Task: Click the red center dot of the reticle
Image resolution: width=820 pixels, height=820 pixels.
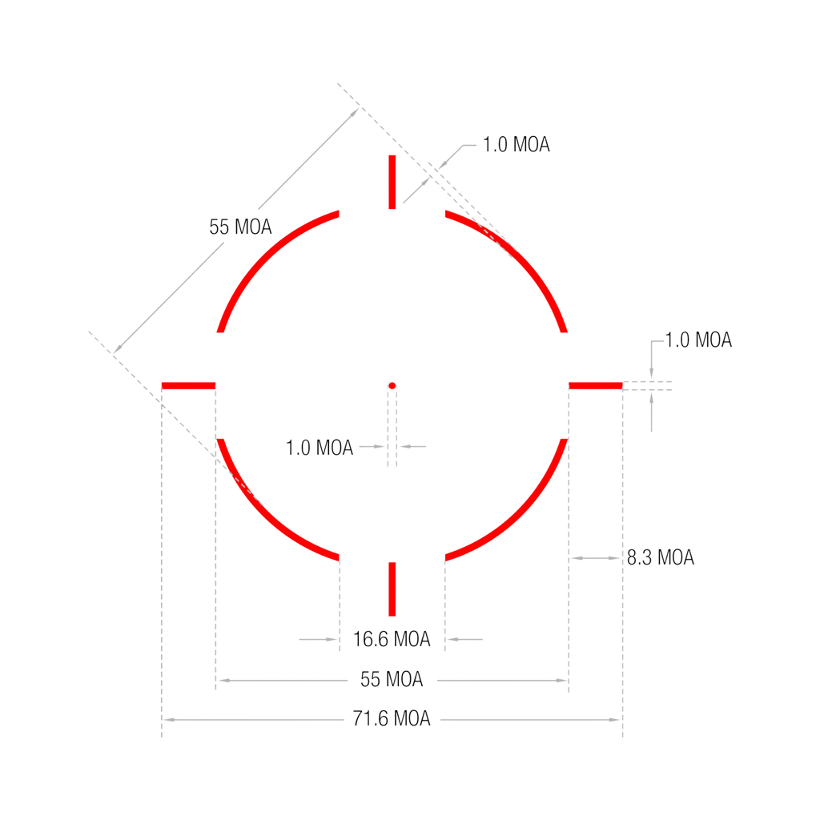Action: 392,385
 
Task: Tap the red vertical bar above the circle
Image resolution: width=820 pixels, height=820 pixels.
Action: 392,183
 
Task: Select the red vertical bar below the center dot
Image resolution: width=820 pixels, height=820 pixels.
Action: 392,589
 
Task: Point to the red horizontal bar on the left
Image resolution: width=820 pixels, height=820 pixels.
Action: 189,385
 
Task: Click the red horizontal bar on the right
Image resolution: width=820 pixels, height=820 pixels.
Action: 596,385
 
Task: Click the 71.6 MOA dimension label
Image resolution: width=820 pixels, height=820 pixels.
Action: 392,719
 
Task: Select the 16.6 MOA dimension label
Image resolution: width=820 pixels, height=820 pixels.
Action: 392,639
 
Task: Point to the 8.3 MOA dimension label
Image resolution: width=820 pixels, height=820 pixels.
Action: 660,557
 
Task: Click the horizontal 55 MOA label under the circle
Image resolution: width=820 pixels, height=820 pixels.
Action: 392,681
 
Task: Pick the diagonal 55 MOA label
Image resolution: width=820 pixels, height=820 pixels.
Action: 241,227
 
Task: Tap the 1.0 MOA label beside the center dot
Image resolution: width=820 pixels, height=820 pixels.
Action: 320,447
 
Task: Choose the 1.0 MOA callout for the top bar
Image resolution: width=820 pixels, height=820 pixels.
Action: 517,146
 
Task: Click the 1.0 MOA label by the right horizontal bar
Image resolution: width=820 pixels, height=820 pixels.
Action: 699,341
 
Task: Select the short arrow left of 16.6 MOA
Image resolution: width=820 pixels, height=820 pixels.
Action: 317,639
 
